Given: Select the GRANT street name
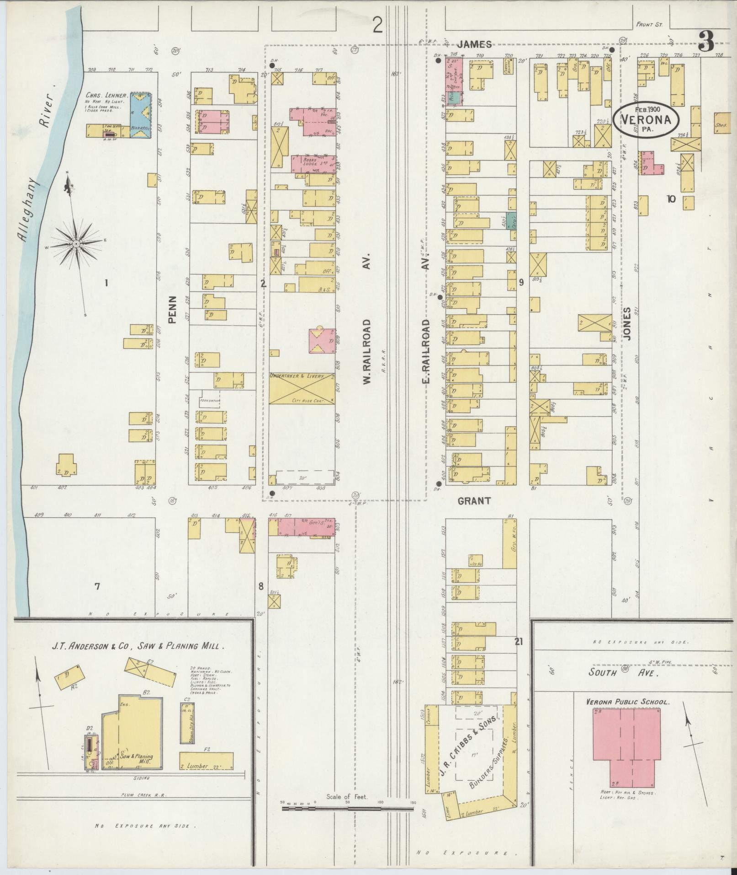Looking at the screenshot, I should coord(474,501).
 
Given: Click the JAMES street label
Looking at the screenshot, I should coord(475,44).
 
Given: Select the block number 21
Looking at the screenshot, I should coord(518,642).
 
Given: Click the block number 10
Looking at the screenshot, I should coord(671,199).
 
